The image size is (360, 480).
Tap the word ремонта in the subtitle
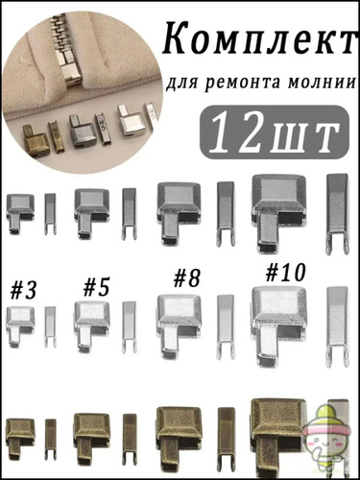point(246,84)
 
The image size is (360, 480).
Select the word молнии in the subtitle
point(324,83)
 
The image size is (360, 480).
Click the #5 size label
point(97,287)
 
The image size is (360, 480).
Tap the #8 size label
point(187,278)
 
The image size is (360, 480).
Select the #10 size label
point(284,273)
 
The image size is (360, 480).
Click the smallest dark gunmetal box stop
point(20,213)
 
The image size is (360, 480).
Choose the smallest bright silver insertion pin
point(50,326)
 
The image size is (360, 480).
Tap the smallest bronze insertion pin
point(50,439)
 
